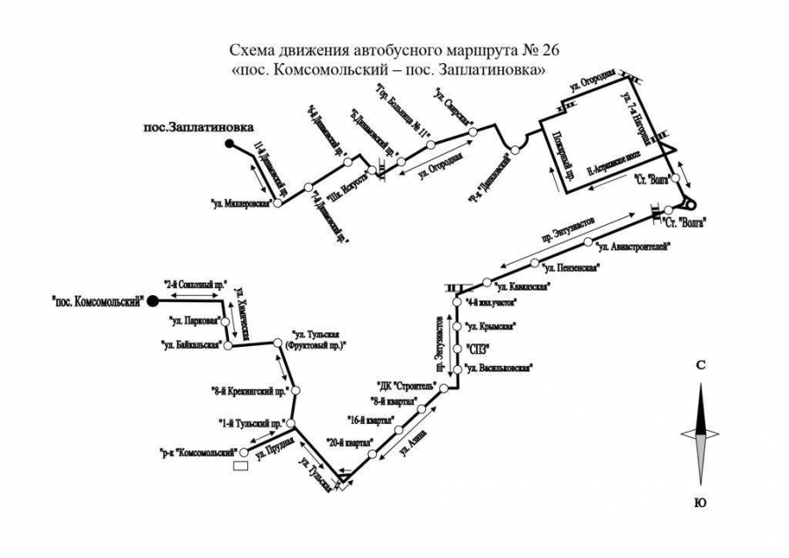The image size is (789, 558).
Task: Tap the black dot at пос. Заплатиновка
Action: point(228,143)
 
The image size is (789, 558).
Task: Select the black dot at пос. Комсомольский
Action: point(152,301)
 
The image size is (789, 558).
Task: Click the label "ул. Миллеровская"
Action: point(238,206)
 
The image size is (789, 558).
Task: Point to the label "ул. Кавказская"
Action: point(522,286)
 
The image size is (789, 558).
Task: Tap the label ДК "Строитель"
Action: point(404,385)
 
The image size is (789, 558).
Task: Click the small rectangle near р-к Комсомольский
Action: point(239,466)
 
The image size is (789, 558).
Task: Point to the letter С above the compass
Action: point(700,364)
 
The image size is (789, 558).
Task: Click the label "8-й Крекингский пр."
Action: point(251,392)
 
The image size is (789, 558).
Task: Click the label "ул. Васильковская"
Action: point(497,369)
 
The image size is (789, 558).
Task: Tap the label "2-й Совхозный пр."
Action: point(195,285)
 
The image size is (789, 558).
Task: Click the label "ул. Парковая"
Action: point(194,322)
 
